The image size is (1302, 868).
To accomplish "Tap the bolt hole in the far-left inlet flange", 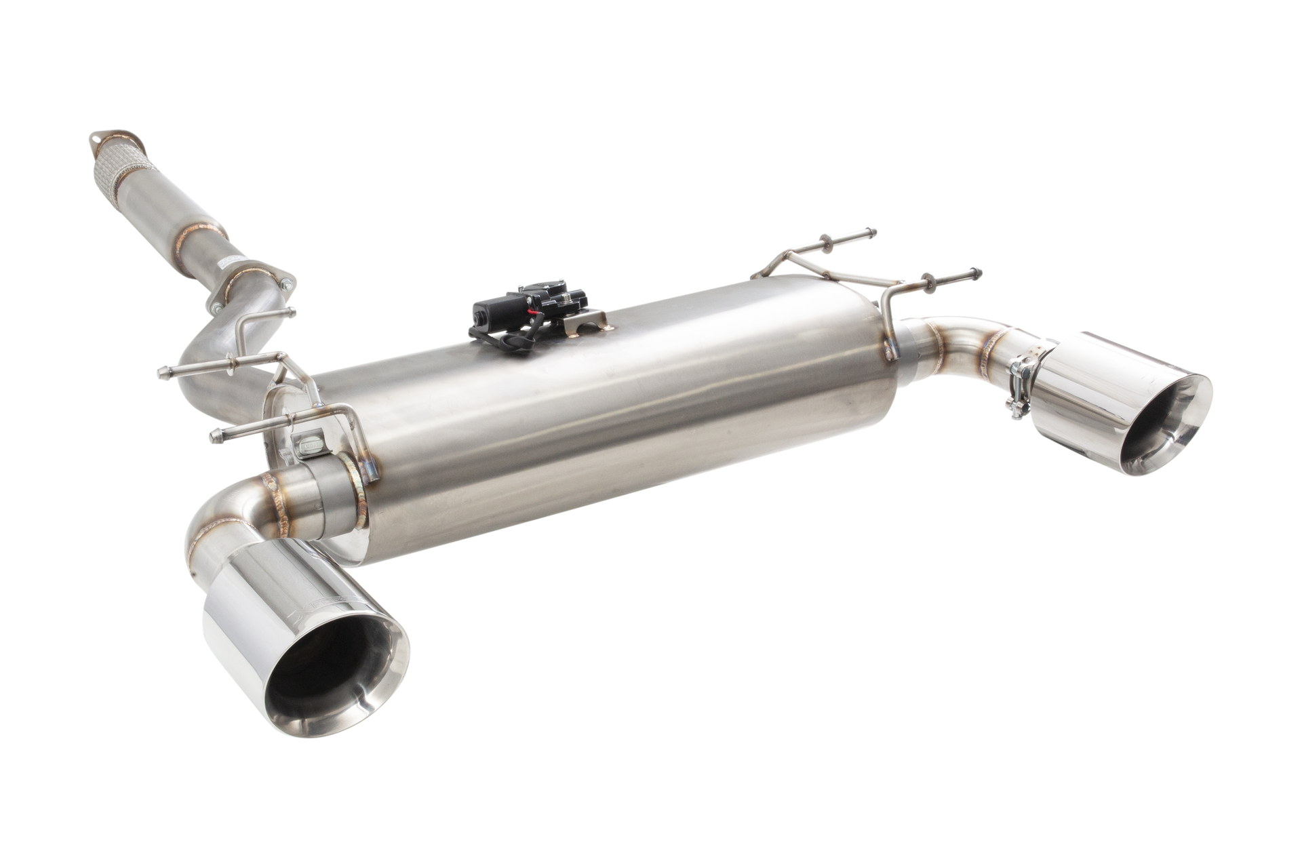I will [x=96, y=139].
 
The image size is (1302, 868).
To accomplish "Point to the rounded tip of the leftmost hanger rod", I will [x=161, y=372].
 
